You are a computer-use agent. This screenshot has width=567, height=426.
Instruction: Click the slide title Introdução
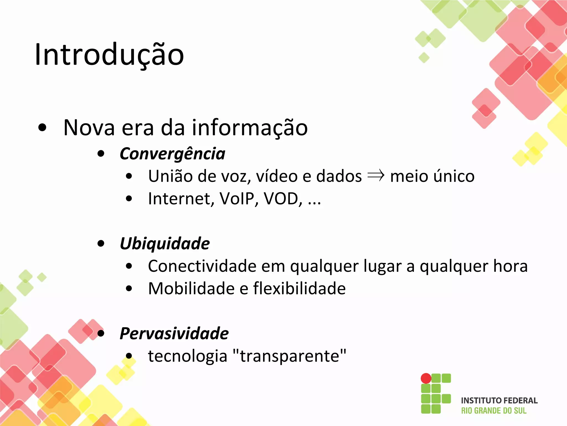pos(109,55)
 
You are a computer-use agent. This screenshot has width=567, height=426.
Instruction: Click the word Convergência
pos(172,154)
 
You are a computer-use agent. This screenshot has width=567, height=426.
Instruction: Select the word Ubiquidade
pos(165,244)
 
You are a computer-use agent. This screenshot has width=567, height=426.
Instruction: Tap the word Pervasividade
pos(174,333)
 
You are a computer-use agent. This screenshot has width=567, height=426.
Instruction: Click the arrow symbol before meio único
pos(376,176)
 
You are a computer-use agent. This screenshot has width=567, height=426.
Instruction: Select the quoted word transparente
pos(290,356)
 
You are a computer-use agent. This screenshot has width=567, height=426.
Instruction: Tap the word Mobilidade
pos(191,288)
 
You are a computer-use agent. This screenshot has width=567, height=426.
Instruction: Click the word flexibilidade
pos(299,288)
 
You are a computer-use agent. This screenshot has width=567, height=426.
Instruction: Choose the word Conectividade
pos(202,266)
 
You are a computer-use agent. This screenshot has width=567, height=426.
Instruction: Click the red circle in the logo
pos(426,378)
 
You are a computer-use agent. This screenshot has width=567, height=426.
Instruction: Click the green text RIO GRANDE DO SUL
pos(494,411)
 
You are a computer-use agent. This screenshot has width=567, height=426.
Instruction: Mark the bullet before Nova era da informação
pos(42,128)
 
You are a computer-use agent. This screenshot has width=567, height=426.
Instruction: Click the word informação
pos(250,128)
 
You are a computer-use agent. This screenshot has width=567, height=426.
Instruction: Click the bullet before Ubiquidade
pos(101,244)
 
